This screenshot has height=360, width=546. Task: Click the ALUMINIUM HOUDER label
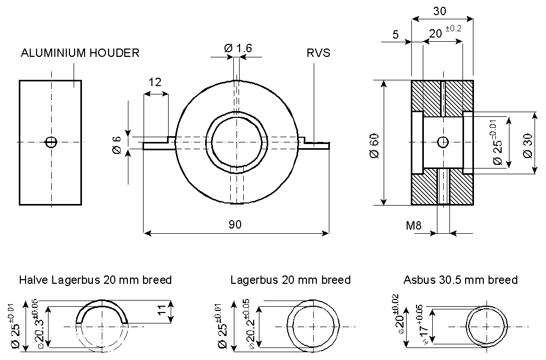click(80, 53)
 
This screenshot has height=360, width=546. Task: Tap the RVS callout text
click(319, 53)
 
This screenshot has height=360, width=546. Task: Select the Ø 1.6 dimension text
click(238, 48)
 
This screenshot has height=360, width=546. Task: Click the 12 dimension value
click(155, 82)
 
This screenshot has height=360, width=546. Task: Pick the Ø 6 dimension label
click(116, 145)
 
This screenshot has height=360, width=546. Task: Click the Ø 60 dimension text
click(374, 143)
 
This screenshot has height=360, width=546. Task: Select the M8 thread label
click(414, 226)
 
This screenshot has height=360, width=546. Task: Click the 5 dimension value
click(395, 35)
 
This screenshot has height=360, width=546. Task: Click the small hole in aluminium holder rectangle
click(51, 142)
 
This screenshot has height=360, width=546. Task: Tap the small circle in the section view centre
click(443, 141)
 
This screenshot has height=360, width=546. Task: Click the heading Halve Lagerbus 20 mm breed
click(95, 280)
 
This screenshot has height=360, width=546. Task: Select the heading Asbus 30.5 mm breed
click(460, 280)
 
